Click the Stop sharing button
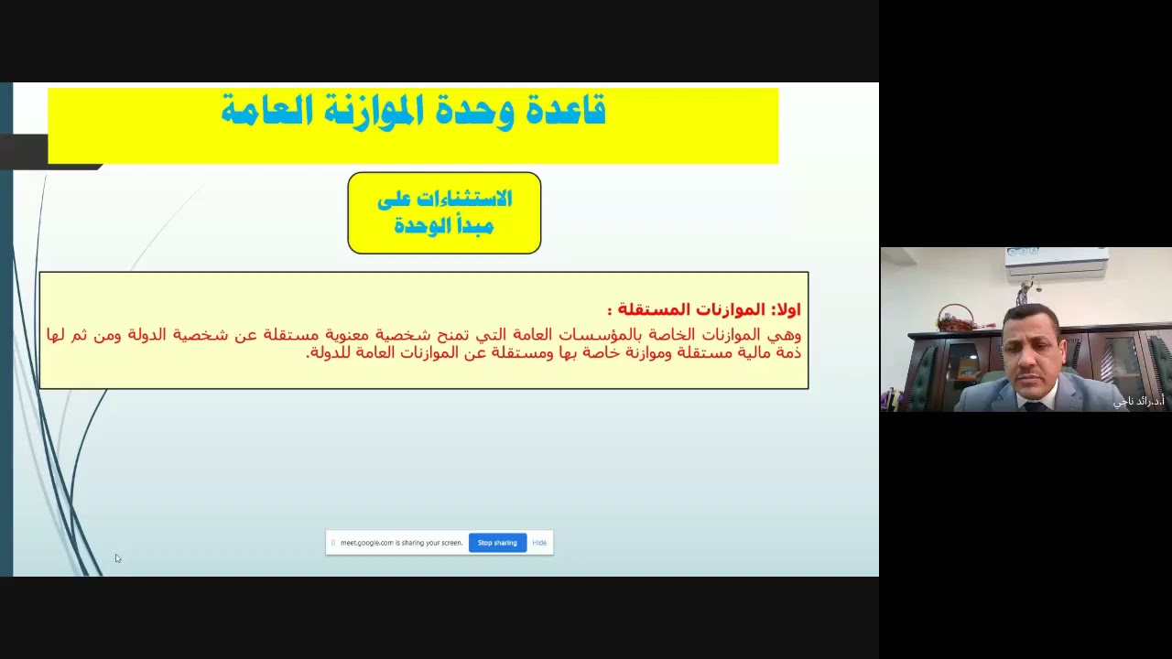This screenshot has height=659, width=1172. [497, 543]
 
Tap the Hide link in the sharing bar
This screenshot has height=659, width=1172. [539, 543]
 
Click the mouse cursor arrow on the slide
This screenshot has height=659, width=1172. [117, 558]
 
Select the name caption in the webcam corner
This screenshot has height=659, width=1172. [1139, 401]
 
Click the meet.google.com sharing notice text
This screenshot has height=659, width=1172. [401, 543]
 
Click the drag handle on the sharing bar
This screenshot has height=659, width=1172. [333, 543]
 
